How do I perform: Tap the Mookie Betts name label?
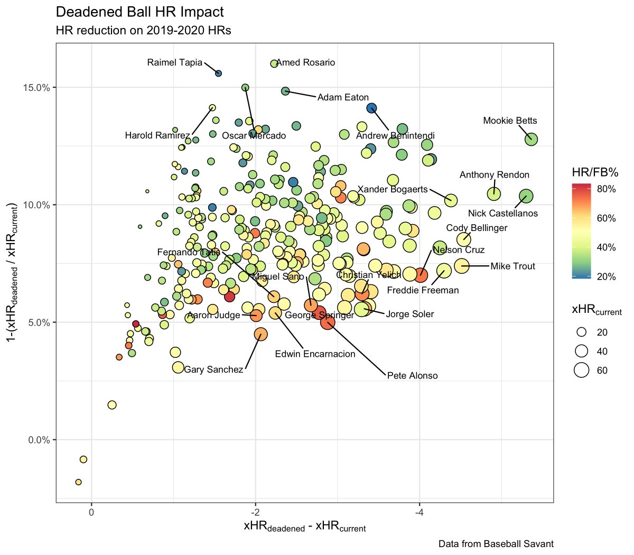click(x=510, y=121)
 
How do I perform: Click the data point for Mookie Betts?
click(x=531, y=140)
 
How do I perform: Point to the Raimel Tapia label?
click(x=174, y=62)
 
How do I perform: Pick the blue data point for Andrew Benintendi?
click(x=371, y=108)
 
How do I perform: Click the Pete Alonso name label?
click(x=412, y=376)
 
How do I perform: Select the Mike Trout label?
click(x=512, y=266)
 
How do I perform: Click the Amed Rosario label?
click(x=306, y=62)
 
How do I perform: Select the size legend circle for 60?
click(x=582, y=371)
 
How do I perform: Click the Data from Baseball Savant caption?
click(x=496, y=544)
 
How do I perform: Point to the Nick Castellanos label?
click(x=502, y=214)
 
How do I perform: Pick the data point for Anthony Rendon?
click(x=493, y=194)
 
